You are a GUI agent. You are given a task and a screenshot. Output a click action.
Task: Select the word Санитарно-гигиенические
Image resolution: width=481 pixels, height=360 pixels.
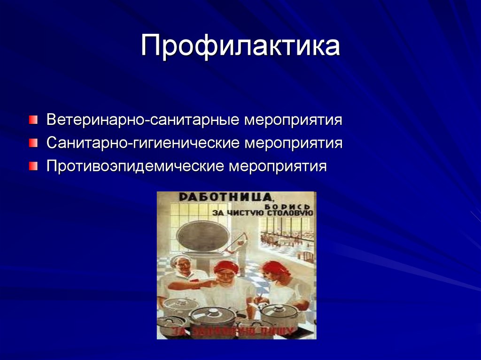(x=143, y=142)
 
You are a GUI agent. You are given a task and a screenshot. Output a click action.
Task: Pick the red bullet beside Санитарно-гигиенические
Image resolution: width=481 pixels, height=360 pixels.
(x=32, y=143)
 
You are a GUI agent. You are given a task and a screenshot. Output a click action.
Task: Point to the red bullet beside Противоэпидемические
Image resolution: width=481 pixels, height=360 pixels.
(x=32, y=166)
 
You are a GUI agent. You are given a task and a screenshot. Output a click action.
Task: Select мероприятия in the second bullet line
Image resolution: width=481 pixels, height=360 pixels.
(x=293, y=142)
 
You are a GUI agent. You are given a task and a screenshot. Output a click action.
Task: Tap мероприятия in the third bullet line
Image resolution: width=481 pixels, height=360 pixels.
(x=277, y=166)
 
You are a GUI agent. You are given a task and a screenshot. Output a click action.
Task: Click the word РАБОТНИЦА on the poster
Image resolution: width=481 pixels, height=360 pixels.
(x=223, y=197)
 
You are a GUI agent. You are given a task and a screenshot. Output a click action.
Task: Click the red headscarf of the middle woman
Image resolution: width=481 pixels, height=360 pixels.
(x=226, y=268)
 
